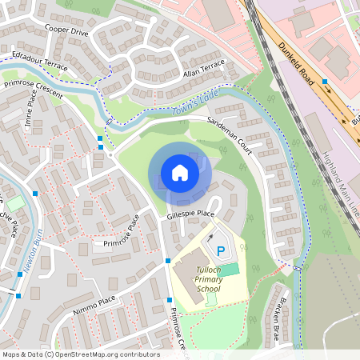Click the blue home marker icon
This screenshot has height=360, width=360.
coord(180,173)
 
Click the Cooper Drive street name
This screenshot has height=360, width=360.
coord(66,30)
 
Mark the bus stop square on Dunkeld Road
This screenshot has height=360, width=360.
coord(325,82)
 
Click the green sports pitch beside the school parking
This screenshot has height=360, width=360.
coord(230,270)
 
